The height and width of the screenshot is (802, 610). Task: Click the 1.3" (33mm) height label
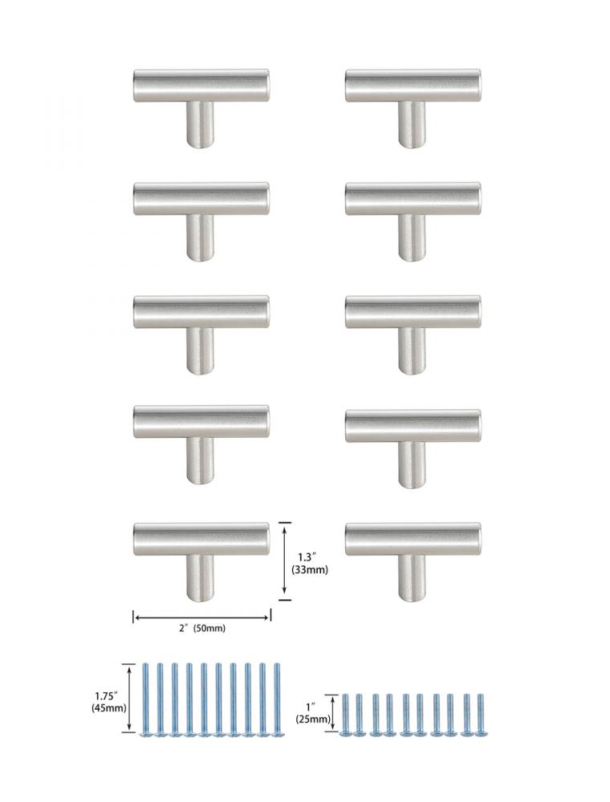[x=310, y=563]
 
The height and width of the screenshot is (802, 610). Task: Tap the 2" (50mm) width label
[x=201, y=628]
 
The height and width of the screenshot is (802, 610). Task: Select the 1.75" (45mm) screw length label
[x=108, y=702]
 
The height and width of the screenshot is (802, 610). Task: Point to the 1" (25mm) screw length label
[x=313, y=712]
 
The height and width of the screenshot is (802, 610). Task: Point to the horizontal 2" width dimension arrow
[x=201, y=618]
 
